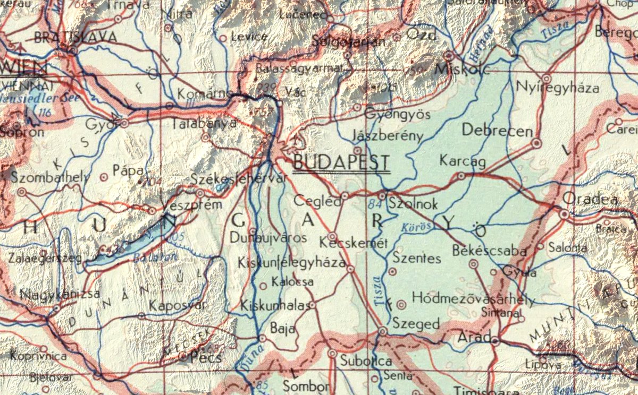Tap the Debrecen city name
[x=497, y=131]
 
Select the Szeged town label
[x=416, y=324]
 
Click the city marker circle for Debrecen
[x=536, y=143]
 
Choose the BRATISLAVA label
[x=74, y=37]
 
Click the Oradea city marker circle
[x=564, y=213]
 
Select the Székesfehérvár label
[x=239, y=179]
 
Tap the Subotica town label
[x=366, y=362]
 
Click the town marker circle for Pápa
[x=104, y=177]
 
